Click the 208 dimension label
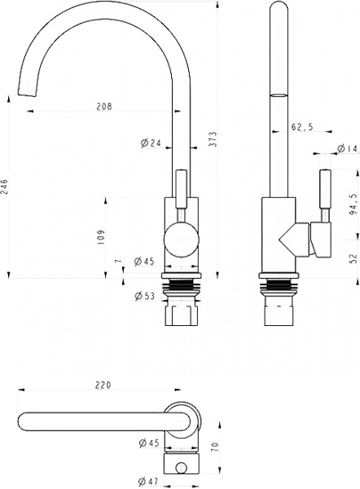(x=104, y=106)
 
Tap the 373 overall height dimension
(x=213, y=139)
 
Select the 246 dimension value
(x=4, y=187)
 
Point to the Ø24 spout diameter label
(x=151, y=143)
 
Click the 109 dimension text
(x=100, y=237)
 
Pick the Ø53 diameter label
(x=144, y=295)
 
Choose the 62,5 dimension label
(x=302, y=126)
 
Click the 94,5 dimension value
(x=353, y=205)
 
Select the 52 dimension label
(x=353, y=258)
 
